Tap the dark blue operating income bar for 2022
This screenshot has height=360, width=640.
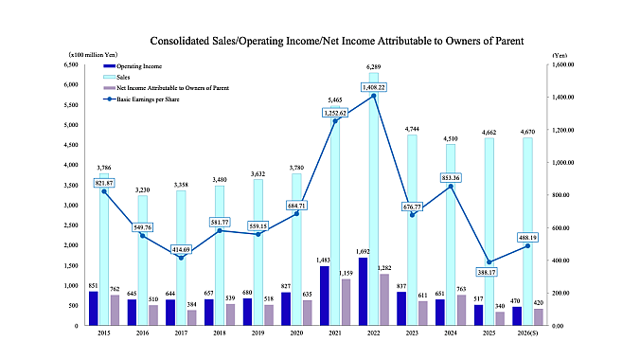[363, 291]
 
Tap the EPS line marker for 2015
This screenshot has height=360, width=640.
[105, 191]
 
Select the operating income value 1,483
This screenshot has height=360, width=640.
[326, 260]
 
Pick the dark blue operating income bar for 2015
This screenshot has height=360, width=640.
[94, 308]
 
